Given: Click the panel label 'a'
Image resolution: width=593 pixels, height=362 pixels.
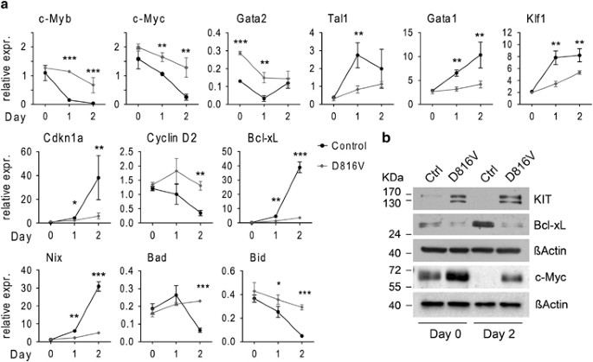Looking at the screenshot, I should pos(6,7).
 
